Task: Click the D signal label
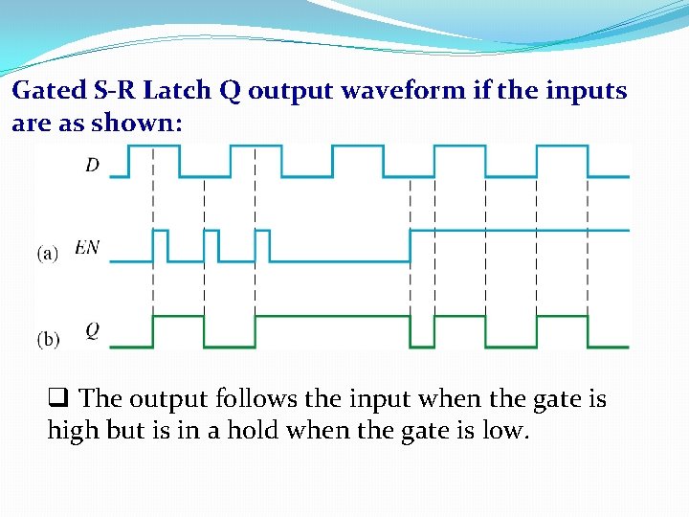tap(92, 165)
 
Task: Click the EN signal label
tap(87, 248)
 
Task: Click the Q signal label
tap(92, 330)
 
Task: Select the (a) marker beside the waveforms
tap(48, 253)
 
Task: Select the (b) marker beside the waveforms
tap(48, 339)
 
